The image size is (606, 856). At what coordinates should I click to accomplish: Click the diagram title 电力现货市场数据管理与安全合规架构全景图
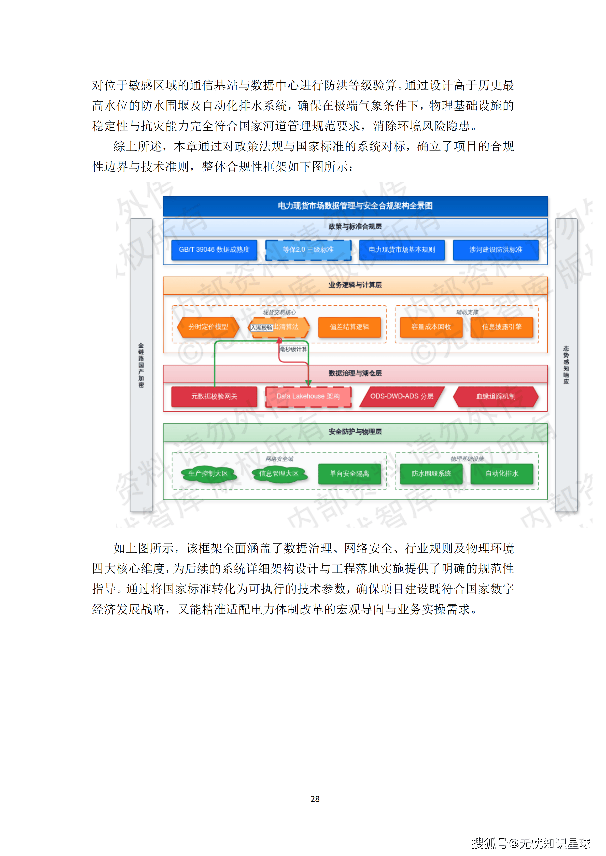click(x=355, y=206)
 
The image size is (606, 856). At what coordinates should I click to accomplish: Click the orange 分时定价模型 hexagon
click(x=208, y=327)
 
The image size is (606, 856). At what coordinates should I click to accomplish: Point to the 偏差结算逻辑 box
click(x=349, y=327)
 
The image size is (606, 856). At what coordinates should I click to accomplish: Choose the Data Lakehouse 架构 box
click(x=308, y=396)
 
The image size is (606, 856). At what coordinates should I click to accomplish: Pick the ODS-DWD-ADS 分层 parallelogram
click(x=402, y=396)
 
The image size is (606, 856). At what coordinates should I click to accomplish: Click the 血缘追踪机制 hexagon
click(x=496, y=396)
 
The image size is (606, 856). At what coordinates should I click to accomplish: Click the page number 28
click(x=315, y=799)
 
